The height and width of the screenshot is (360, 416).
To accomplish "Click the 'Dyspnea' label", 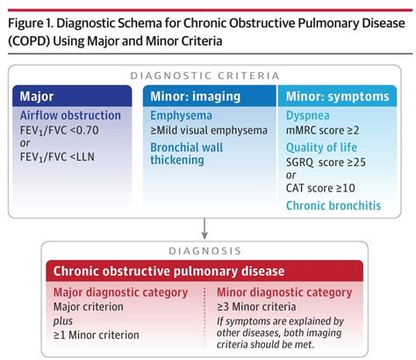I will point(310,114).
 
